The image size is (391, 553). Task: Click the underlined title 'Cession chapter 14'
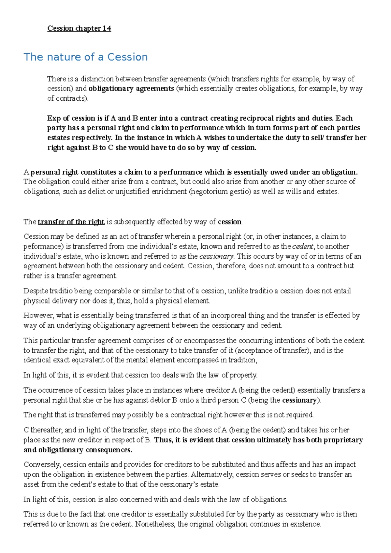(79, 28)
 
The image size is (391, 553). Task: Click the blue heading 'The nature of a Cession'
(86, 57)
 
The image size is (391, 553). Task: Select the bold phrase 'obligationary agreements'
(131, 89)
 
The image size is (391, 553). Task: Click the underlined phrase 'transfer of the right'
(71, 222)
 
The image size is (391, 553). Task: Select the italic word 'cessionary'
(216, 256)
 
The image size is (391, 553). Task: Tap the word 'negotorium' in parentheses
(211, 192)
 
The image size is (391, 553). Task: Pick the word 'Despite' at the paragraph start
(36, 291)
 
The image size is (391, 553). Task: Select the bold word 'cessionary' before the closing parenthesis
(299, 400)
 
